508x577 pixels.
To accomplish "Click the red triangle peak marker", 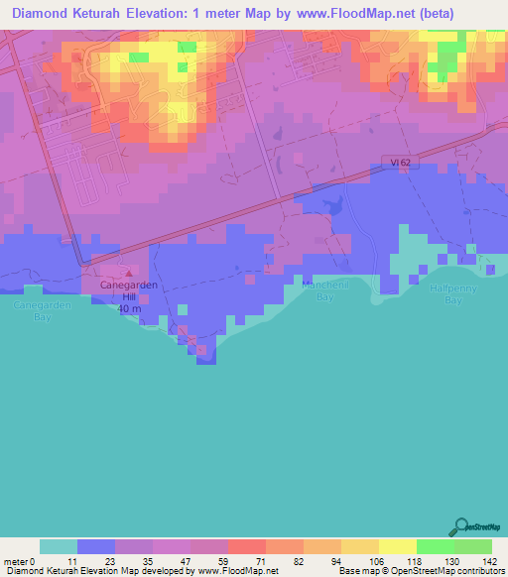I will tap(127, 272).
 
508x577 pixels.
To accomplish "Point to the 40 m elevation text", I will tap(129, 308).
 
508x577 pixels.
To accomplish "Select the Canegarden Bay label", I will tap(42, 311).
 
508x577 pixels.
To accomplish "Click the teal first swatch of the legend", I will tap(59, 546).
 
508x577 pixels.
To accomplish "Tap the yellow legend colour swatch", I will tap(398, 546).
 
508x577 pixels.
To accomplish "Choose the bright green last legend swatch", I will tap(473, 546).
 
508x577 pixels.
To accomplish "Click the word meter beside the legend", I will tap(17, 560).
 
